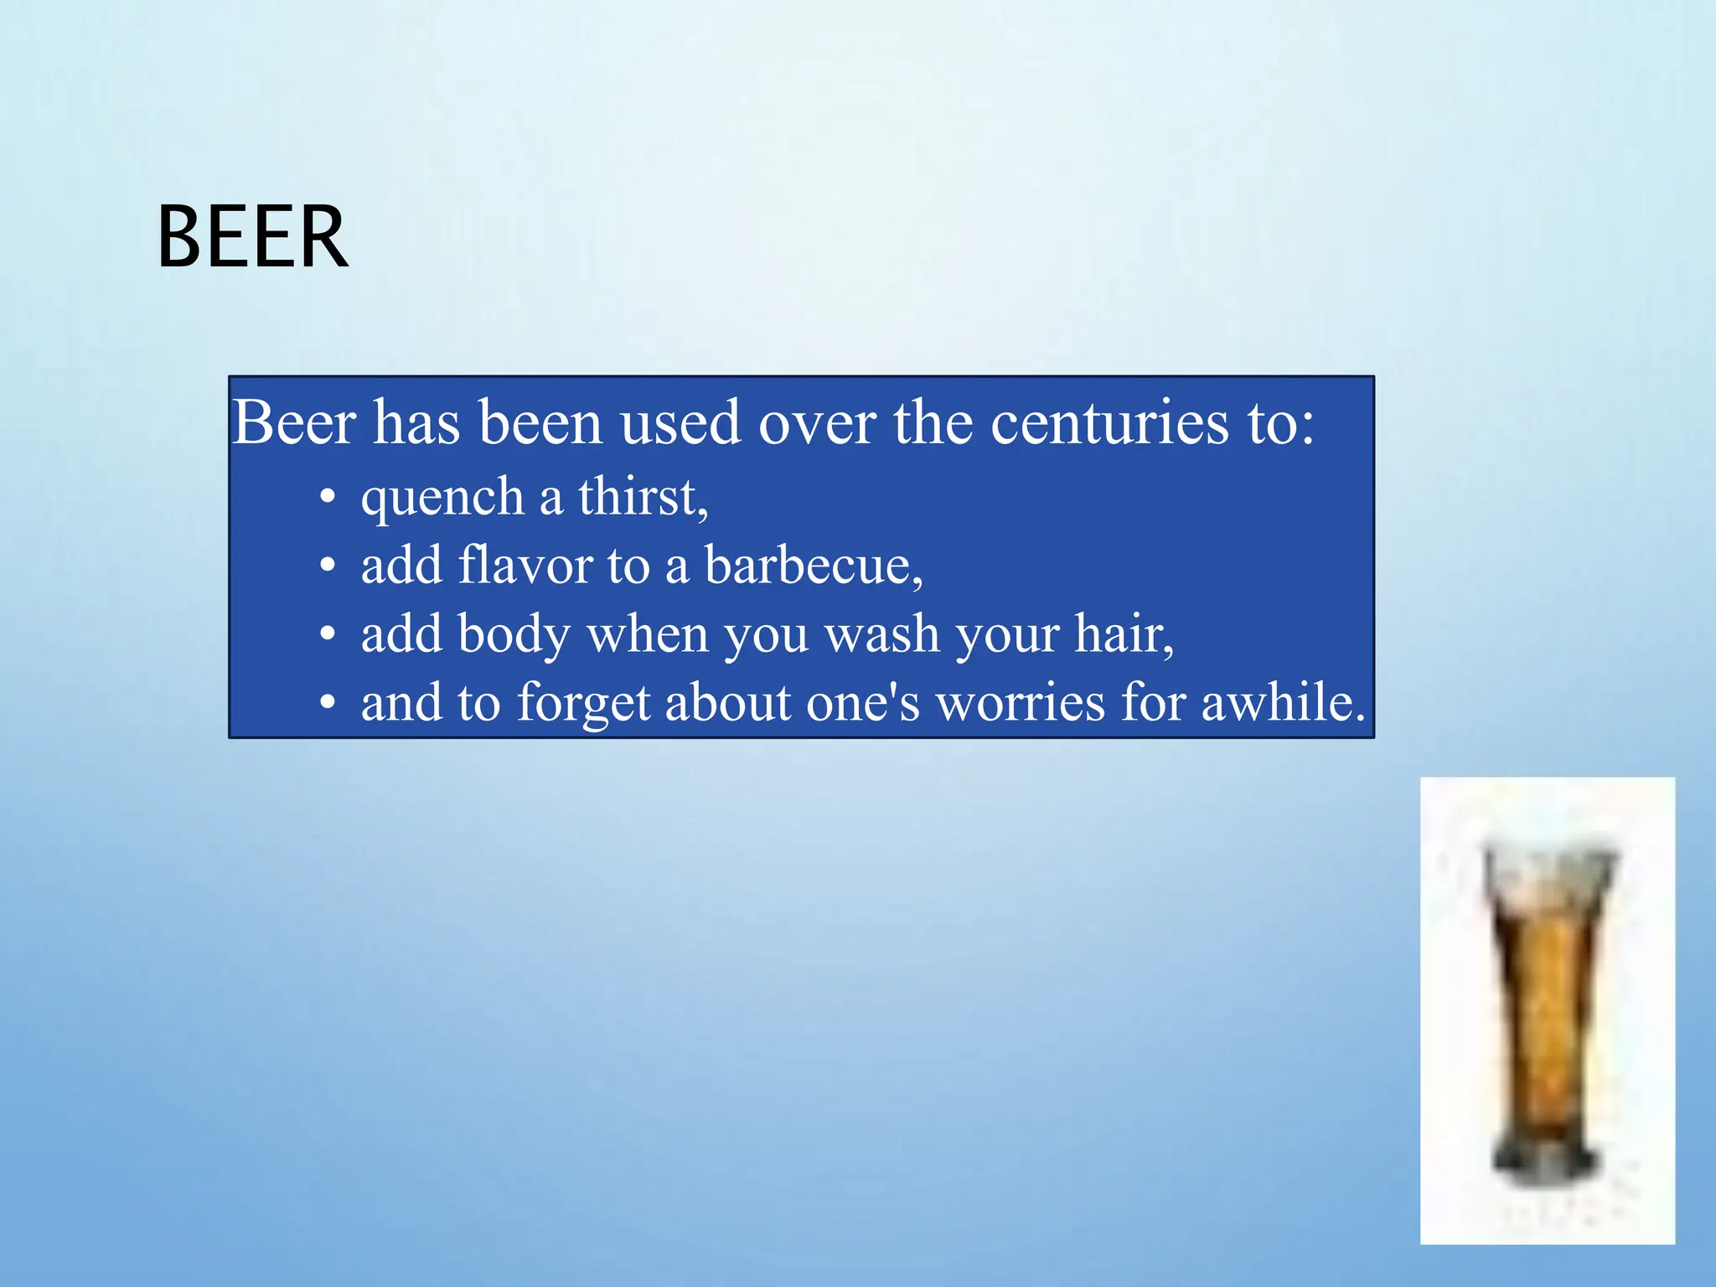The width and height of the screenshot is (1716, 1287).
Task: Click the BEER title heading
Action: [x=252, y=238]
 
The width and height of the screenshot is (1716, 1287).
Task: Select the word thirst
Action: [x=642, y=497]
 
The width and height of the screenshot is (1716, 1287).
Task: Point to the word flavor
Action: [x=525, y=565]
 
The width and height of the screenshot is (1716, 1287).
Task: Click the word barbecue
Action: [x=812, y=566]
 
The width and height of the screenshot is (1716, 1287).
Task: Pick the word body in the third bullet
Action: [x=514, y=634]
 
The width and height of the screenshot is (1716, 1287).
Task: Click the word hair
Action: [x=1123, y=634]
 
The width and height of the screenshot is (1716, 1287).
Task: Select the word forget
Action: [x=583, y=702]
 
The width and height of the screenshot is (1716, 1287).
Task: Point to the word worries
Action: [x=1020, y=702]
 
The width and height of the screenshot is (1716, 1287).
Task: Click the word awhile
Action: [x=1282, y=702]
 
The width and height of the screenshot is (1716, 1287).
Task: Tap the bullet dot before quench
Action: [x=328, y=498]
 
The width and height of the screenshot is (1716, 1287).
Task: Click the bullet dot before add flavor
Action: [x=328, y=566]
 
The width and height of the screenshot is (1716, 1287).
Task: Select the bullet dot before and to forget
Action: [x=328, y=703]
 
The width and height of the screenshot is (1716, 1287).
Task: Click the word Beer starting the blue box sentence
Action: [x=294, y=423]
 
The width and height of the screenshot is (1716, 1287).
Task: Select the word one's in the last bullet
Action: [x=862, y=702]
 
